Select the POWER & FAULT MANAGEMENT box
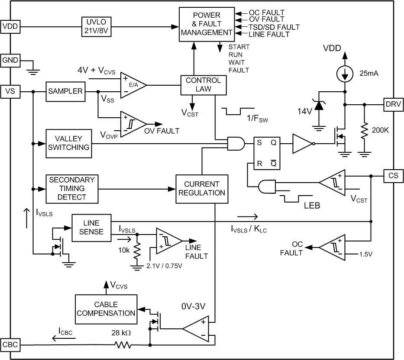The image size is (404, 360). pyautogui.click(x=207, y=25)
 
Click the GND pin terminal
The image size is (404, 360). pyautogui.click(x=10, y=60)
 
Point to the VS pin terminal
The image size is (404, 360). pyautogui.click(x=10, y=91)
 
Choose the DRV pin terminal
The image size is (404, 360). pyautogui.click(x=393, y=104)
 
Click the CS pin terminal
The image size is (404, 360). pyautogui.click(x=393, y=176)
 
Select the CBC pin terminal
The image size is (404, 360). pyautogui.click(x=10, y=345)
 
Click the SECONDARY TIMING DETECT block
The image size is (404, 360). pyautogui.click(x=71, y=188)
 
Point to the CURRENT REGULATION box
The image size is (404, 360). pyautogui.click(x=201, y=188)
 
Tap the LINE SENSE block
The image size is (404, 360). pyautogui.click(x=91, y=227)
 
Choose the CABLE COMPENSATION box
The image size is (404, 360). pyautogui.click(x=106, y=309)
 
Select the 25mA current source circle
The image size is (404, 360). pyautogui.click(x=345, y=74)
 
